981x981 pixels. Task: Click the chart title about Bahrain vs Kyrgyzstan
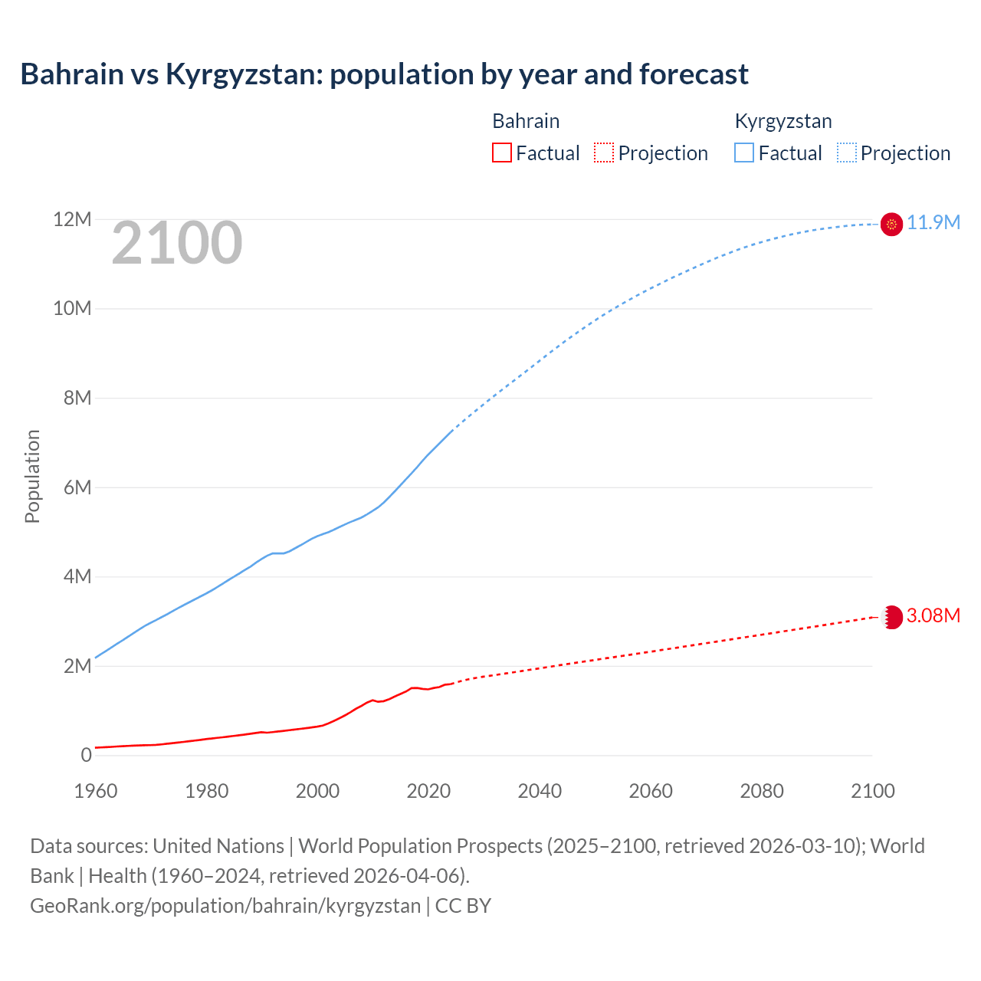click(x=384, y=74)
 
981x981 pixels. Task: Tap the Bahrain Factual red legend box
click(x=501, y=153)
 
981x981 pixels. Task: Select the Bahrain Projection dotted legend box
click(x=604, y=153)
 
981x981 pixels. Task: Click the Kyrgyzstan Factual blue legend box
click(x=744, y=153)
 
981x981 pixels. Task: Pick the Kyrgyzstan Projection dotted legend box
click(x=847, y=153)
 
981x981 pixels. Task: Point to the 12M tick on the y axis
click(x=72, y=220)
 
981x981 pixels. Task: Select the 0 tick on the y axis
click(x=86, y=755)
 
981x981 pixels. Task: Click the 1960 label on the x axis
click(x=96, y=791)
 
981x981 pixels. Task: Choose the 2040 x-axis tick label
click(x=540, y=791)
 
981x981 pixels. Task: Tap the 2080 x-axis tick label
click(x=762, y=791)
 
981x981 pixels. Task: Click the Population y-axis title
click(x=32, y=476)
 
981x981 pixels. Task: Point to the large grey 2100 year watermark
click(x=177, y=244)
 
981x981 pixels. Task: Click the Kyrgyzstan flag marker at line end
click(x=891, y=224)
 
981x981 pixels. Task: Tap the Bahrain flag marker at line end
click(x=891, y=617)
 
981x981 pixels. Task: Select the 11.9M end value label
click(x=933, y=222)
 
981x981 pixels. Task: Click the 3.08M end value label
click(x=933, y=615)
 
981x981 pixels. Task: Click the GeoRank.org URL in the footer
click(x=225, y=905)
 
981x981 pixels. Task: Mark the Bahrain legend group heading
click(x=526, y=121)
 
